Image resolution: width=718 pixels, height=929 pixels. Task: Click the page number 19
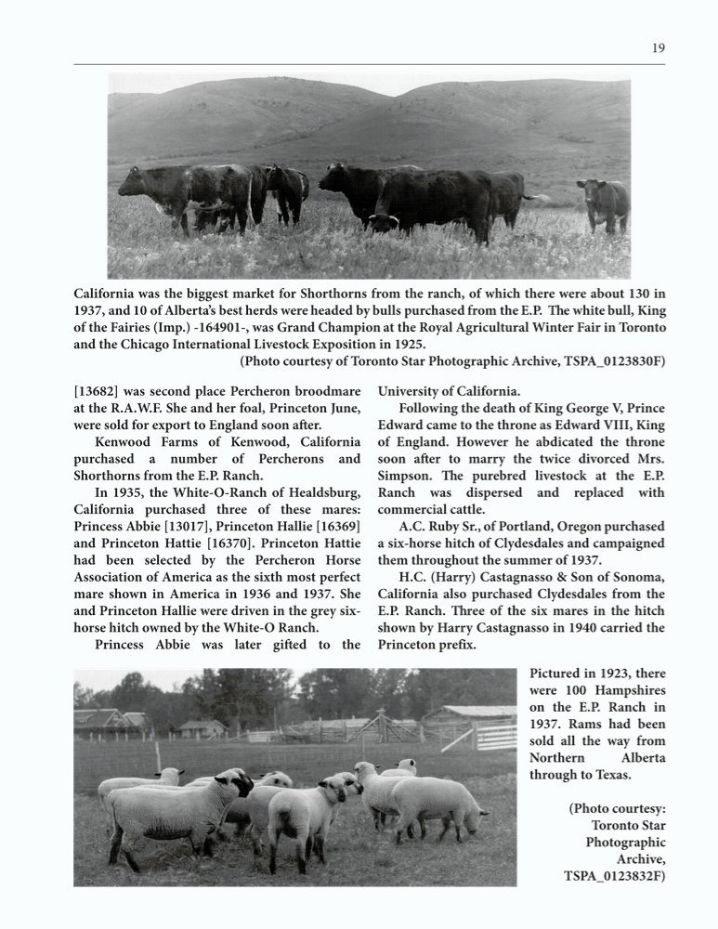click(658, 49)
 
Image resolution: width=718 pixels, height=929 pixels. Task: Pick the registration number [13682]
click(101, 391)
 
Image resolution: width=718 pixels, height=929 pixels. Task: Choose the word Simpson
click(408, 477)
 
